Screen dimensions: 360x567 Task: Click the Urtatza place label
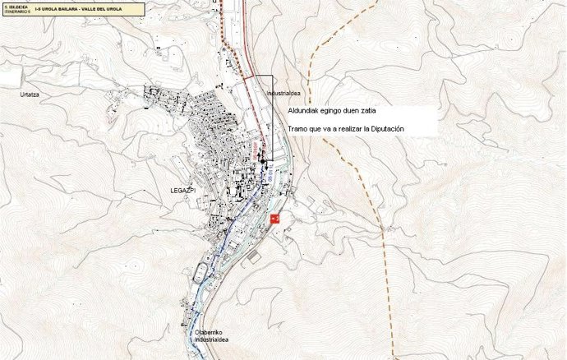pos(30,95)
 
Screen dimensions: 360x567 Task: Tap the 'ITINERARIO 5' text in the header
pos(17,12)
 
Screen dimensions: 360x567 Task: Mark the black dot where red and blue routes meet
pos(264,161)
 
